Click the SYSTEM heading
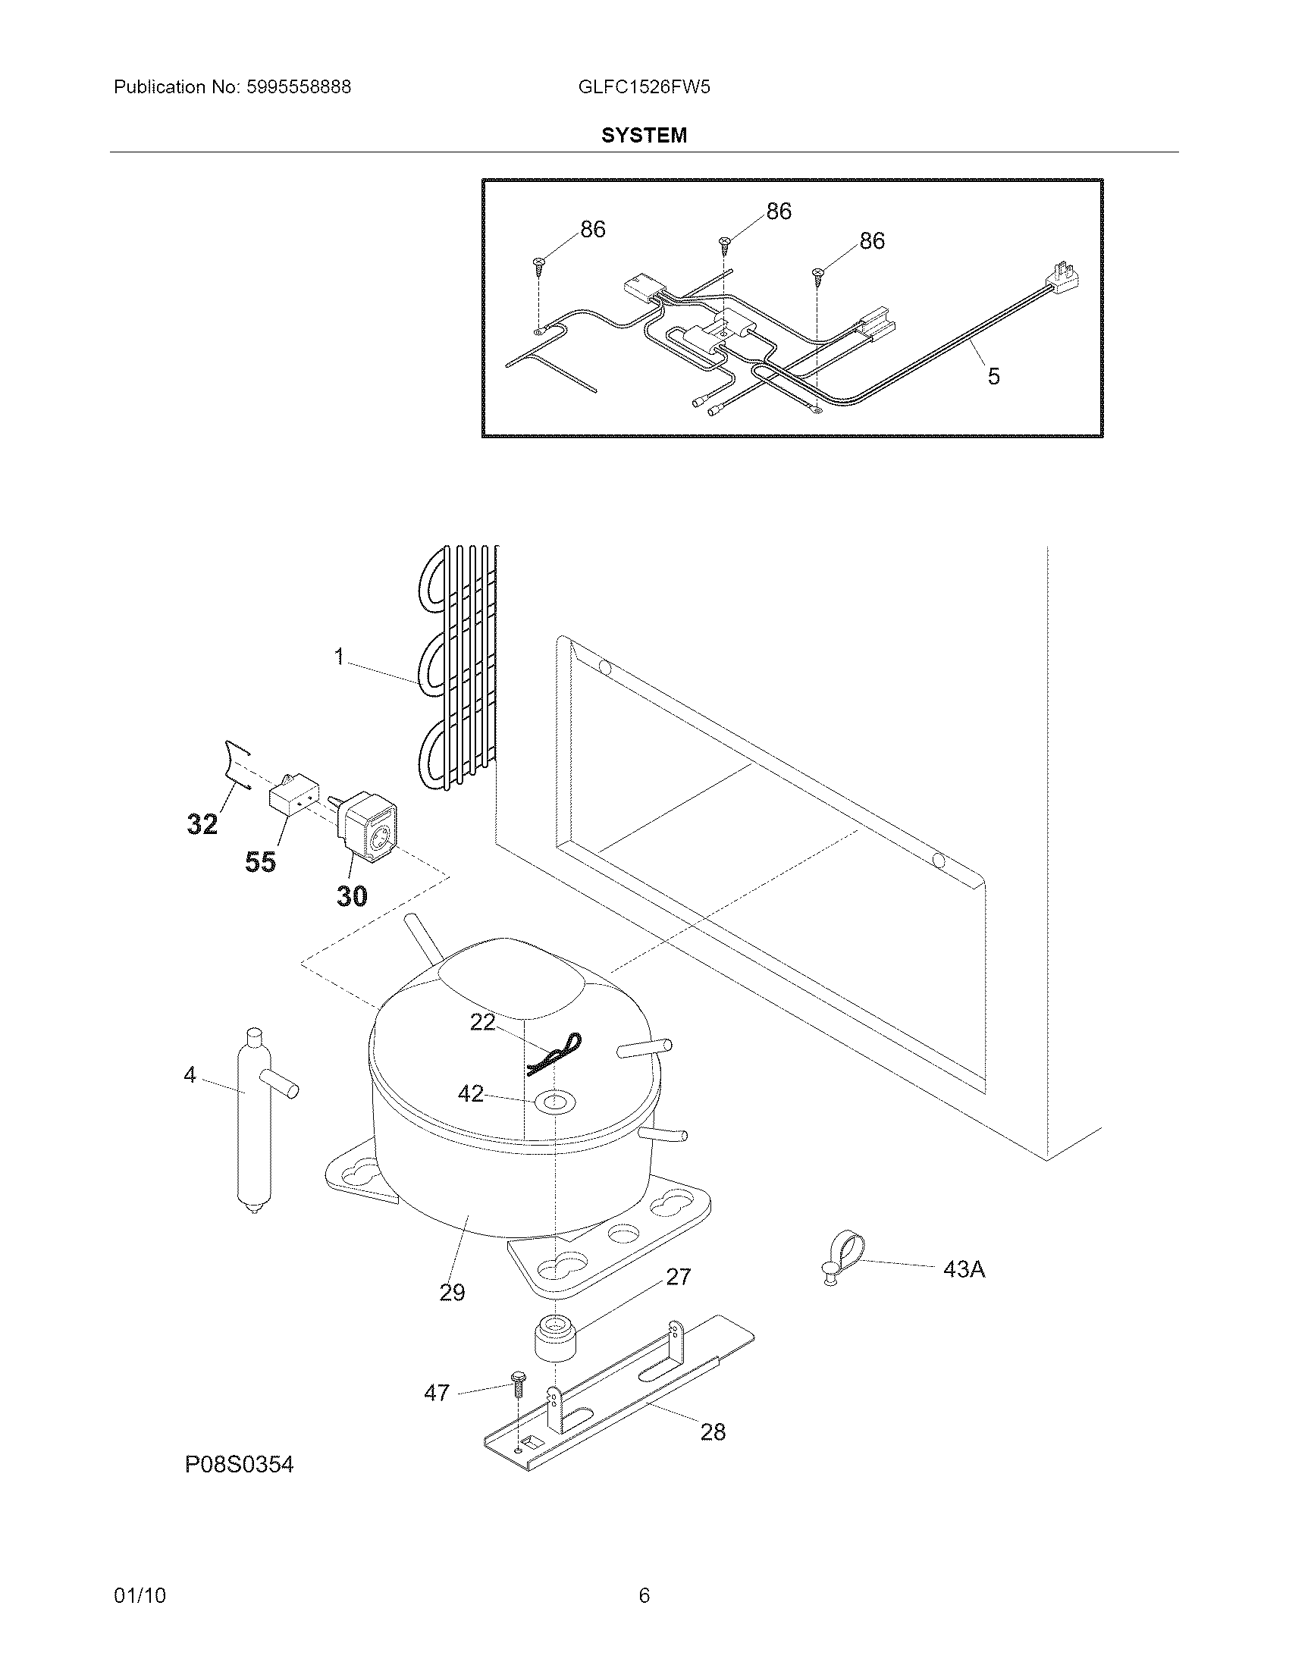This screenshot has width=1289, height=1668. [644, 135]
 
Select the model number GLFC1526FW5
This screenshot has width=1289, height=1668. [644, 87]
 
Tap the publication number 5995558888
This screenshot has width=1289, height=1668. [299, 87]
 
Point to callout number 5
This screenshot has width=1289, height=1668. [993, 376]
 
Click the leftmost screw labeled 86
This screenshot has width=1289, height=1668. [539, 265]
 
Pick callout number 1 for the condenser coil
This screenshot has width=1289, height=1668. [340, 657]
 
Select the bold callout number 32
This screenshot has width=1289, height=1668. [202, 824]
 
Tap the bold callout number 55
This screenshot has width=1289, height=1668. [260, 862]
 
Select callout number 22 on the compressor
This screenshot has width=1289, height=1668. [481, 1022]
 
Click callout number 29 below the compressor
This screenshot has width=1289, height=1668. [452, 1293]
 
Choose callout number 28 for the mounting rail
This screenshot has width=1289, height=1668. [713, 1432]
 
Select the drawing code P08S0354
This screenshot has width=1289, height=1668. [239, 1464]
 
